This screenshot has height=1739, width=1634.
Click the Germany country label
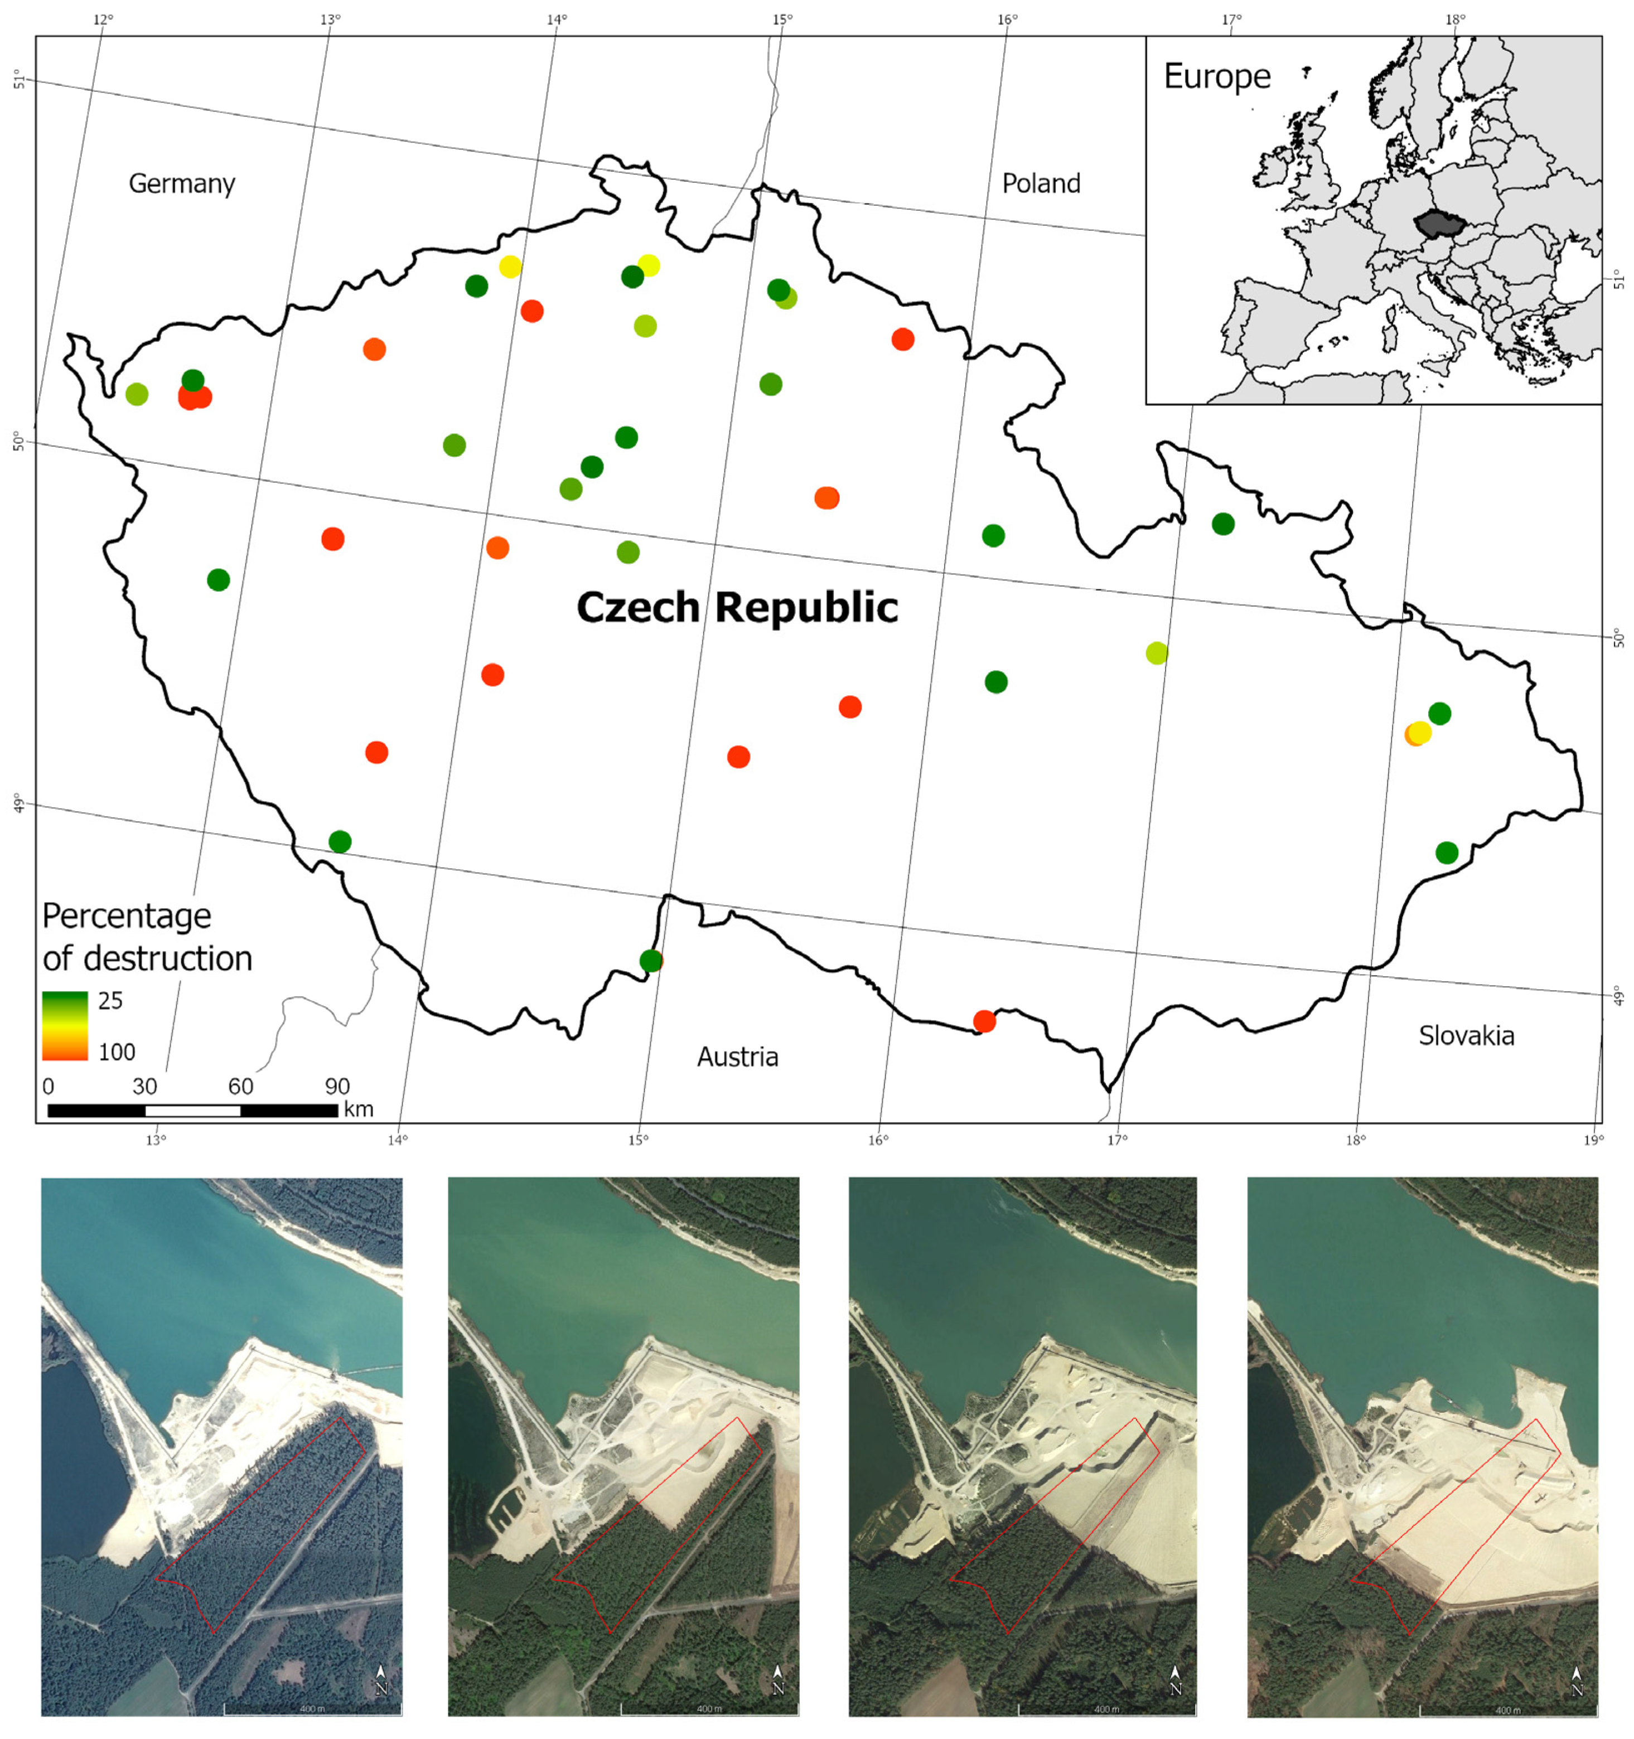pyautogui.click(x=182, y=183)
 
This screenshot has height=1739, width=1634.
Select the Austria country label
pyautogui.click(x=737, y=1057)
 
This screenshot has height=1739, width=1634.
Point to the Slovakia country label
pyautogui.click(x=1466, y=1036)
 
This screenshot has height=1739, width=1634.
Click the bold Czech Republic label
pyautogui.click(x=737, y=607)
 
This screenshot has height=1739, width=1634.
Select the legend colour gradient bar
pyautogui.click(x=65, y=1025)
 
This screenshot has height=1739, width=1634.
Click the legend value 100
pyautogui.click(x=117, y=1052)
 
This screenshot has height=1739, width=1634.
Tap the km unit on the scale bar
pyautogui.click(x=359, y=1109)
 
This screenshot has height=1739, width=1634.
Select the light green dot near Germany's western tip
pyautogui.click(x=137, y=395)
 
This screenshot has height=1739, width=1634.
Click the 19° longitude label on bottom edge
pyautogui.click(x=1594, y=1140)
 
